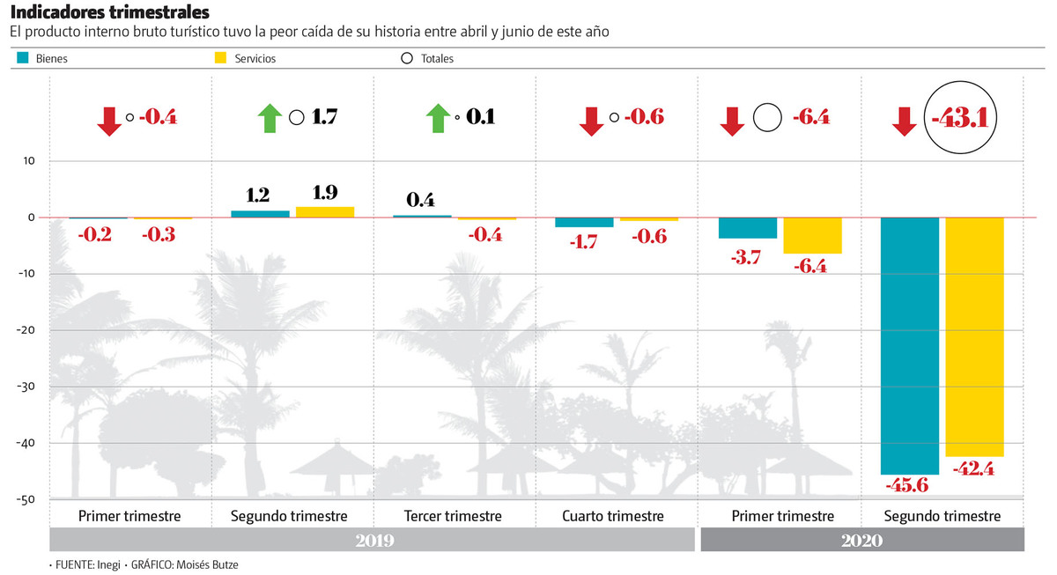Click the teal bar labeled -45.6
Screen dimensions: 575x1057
(x=910, y=345)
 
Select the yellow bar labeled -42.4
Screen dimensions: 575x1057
(x=974, y=336)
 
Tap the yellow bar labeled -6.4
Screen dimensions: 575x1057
(x=812, y=235)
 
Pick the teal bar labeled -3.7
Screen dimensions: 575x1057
(x=748, y=228)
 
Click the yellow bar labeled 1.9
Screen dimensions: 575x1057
(x=325, y=212)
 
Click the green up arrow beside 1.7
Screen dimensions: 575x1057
(x=270, y=117)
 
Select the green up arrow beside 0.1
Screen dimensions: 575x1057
(x=435, y=117)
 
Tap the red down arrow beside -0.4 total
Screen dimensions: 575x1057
(x=110, y=120)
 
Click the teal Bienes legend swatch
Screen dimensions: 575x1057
(x=24, y=58)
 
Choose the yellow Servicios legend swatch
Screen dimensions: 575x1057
(x=222, y=58)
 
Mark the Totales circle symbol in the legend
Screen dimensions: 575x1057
(x=406, y=59)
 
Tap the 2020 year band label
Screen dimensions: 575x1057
(x=861, y=540)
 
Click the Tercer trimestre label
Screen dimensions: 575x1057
(x=453, y=516)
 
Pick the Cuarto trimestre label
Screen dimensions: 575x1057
(x=613, y=516)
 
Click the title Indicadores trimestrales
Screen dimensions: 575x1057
(x=109, y=12)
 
